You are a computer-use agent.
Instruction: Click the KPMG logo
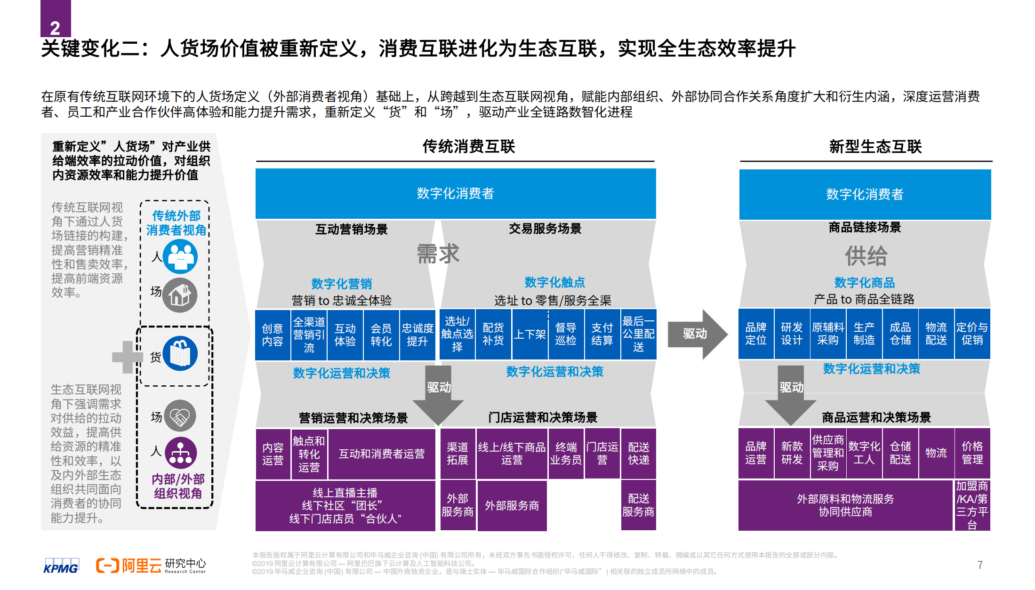coord(61,566)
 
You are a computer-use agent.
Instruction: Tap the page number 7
coord(979,565)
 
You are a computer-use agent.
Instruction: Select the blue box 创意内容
coord(273,335)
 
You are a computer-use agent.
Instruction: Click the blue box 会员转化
coord(381,335)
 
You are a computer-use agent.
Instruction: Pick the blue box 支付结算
coord(602,334)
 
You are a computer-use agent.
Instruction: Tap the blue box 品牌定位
coord(756,334)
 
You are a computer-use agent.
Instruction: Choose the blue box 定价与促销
coord(972,334)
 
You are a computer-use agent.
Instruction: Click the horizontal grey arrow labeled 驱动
coord(697,334)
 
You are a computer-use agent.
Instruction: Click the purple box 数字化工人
coord(864,453)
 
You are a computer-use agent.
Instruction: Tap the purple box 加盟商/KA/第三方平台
coord(972,505)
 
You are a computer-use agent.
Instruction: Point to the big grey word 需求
coord(438,254)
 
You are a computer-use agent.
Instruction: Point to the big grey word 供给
coord(866,256)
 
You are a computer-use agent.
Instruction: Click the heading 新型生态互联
coord(875,147)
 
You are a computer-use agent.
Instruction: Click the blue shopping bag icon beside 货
coord(180,354)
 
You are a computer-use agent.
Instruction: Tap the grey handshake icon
coord(180,416)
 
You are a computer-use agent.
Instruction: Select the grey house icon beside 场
coord(180,295)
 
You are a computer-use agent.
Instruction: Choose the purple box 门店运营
coord(602,453)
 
